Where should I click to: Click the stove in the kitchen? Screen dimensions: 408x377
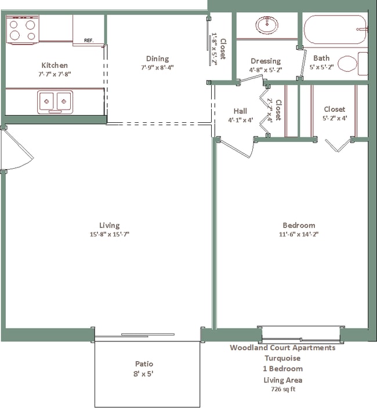tap(23, 29)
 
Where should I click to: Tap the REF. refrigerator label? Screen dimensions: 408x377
tap(89, 41)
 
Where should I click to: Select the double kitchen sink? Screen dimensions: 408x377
tap(55, 102)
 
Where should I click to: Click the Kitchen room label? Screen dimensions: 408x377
tap(55, 65)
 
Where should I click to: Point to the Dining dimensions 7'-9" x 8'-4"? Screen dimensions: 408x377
tap(157, 67)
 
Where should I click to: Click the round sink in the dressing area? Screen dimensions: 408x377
tap(266, 25)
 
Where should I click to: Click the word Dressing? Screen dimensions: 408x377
tap(266, 61)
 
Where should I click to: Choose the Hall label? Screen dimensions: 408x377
tap(240, 111)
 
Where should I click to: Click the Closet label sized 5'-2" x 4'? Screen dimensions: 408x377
tap(334, 109)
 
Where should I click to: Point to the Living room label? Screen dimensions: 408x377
tap(109, 225)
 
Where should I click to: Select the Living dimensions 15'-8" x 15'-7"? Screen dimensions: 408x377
tap(109, 234)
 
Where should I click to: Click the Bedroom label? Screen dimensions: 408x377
tap(299, 225)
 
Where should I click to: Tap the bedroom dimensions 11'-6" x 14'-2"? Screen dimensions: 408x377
tap(299, 234)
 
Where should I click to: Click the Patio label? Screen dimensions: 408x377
tap(144, 364)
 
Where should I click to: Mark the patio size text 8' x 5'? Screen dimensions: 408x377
tap(144, 374)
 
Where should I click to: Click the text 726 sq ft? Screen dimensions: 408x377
tap(282, 389)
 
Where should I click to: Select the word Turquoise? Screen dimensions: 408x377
tap(282, 358)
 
